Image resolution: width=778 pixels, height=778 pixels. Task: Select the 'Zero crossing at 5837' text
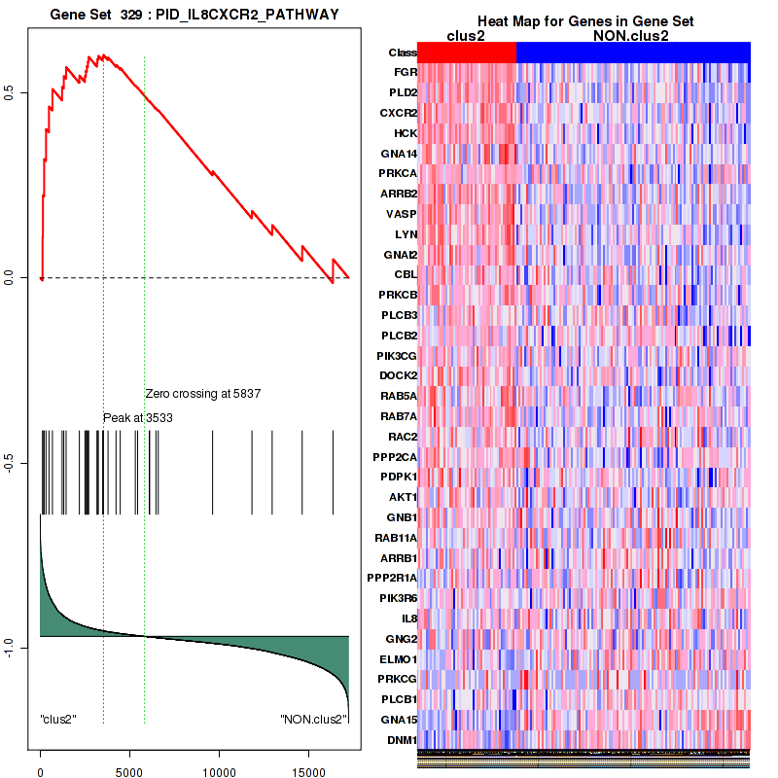tap(204, 394)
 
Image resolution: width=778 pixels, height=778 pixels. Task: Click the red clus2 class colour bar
tap(467, 53)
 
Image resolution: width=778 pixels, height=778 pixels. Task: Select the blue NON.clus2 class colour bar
tap(633, 53)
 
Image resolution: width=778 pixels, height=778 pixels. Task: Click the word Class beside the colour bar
tap(402, 53)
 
